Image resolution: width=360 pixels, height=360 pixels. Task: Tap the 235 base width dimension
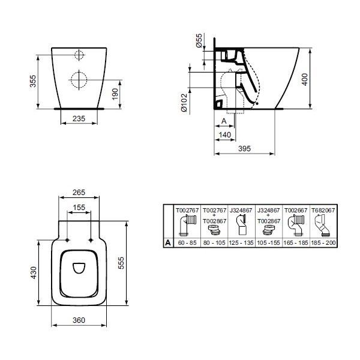point(80,119)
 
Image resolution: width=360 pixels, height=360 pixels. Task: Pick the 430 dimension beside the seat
point(34,272)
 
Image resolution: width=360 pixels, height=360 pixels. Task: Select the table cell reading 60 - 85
point(187,243)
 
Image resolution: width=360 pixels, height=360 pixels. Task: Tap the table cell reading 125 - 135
point(241,243)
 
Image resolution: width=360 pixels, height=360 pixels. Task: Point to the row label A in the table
point(169,243)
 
